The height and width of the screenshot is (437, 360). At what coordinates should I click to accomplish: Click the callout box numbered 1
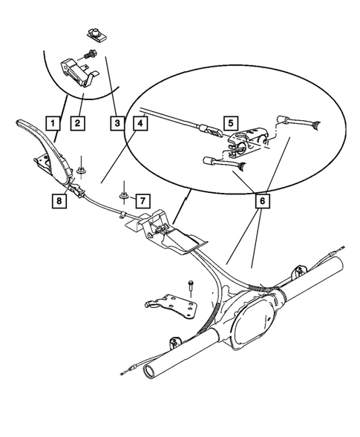tap(51, 120)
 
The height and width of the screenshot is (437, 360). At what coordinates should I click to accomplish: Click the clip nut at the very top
tap(94, 33)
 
